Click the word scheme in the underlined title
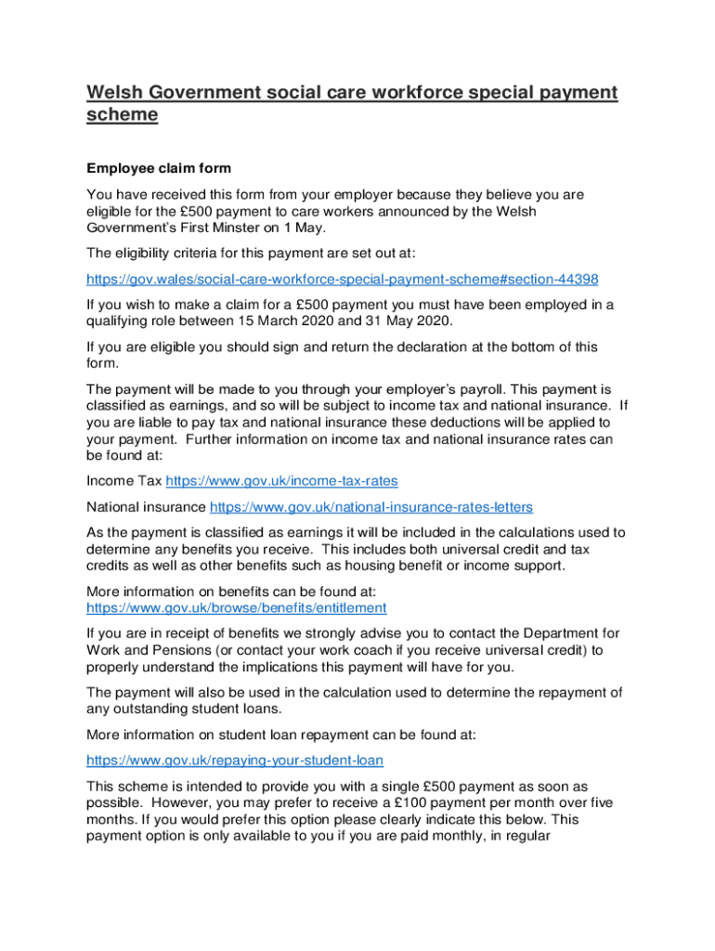[122, 115]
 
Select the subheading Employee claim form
[158, 169]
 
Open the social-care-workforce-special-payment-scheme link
[342, 279]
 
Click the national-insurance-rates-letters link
[371, 507]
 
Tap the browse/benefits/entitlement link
[236, 607]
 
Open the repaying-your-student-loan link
[234, 760]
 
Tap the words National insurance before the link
[146, 507]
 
